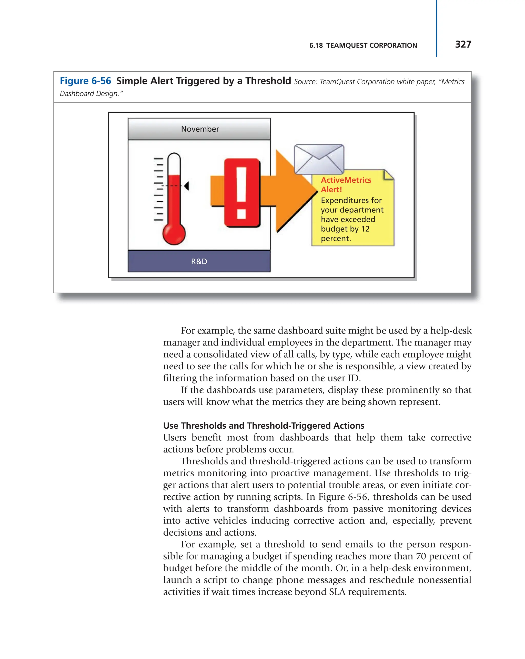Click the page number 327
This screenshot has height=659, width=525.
(x=463, y=44)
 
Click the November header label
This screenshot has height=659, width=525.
(x=200, y=129)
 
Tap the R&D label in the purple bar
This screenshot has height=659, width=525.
(x=199, y=261)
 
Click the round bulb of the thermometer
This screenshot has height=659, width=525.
(x=174, y=233)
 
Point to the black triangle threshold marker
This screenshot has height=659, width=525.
(x=186, y=185)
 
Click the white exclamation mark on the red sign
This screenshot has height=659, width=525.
(x=241, y=193)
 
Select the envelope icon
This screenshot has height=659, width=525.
(x=319, y=159)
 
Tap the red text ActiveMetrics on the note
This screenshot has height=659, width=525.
(x=346, y=180)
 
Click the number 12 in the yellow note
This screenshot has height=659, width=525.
(x=365, y=229)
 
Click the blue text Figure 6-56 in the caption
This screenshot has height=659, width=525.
(x=85, y=81)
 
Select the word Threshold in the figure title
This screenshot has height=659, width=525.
(x=268, y=81)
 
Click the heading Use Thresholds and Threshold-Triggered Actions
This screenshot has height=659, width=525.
(x=264, y=426)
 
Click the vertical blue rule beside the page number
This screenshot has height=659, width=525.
(x=436, y=29)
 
